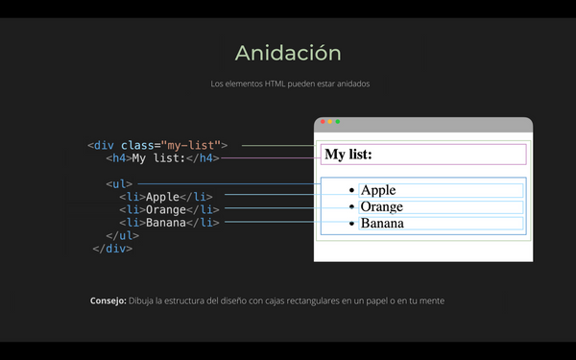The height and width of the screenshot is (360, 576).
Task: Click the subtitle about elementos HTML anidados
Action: click(290, 84)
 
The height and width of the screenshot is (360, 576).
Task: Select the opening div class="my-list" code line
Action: click(157, 145)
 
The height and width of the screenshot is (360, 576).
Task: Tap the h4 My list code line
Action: click(163, 158)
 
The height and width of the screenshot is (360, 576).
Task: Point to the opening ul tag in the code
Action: click(119, 183)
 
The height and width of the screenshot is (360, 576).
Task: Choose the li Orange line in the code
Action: click(169, 210)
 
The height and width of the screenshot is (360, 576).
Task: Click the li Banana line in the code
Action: click(169, 223)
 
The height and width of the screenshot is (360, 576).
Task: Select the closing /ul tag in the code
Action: click(123, 235)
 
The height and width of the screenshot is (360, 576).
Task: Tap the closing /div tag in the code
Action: click(112, 249)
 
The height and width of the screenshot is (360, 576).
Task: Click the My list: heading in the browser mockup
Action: click(348, 155)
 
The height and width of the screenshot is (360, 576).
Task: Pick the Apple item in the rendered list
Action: click(378, 190)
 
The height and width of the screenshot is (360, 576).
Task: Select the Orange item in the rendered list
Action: click(382, 206)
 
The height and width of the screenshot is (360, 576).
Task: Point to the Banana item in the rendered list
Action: click(382, 224)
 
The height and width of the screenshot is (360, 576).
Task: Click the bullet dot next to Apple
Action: click(352, 191)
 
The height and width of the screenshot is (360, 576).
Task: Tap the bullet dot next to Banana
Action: click(352, 224)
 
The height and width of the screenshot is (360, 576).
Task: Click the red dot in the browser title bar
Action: click(324, 122)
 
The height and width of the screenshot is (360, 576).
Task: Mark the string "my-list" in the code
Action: click(191, 145)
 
